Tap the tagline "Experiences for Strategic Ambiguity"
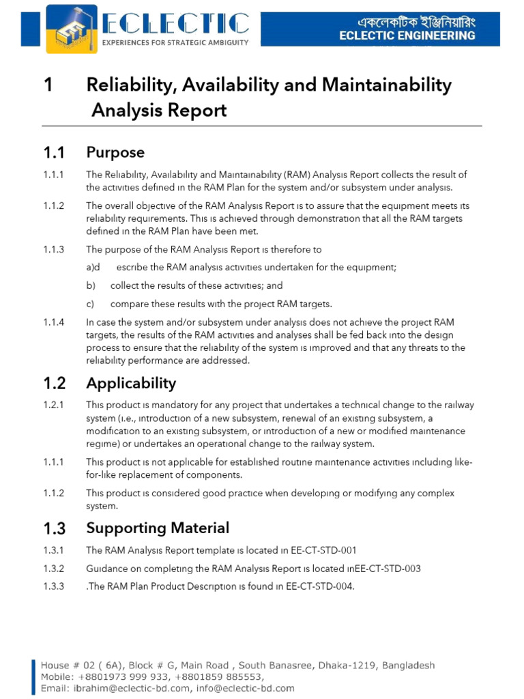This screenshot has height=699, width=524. click(175, 42)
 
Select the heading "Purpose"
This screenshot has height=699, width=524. click(115, 152)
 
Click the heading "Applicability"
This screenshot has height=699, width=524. click(131, 383)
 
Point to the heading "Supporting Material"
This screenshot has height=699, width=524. click(158, 528)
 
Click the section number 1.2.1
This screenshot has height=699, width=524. click(53, 405)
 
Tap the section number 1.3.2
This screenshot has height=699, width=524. click(53, 568)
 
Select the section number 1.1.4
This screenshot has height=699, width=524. click(53, 322)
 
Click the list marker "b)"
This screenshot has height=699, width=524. click(91, 286)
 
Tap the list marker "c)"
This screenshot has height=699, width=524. click(90, 304)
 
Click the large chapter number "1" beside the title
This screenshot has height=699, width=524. click(48, 85)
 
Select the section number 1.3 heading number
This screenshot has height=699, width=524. click(54, 528)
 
